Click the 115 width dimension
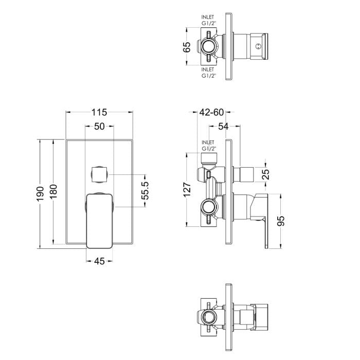tap(99, 112)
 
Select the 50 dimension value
tap(99, 127)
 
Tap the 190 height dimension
tap(40, 194)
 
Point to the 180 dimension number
tap(53, 192)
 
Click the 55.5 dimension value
tap(145, 190)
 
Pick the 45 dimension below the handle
tap(99, 261)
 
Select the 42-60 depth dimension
tap(211, 112)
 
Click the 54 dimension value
tap(223, 126)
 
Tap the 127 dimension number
tap(187, 189)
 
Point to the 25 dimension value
tap(266, 174)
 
